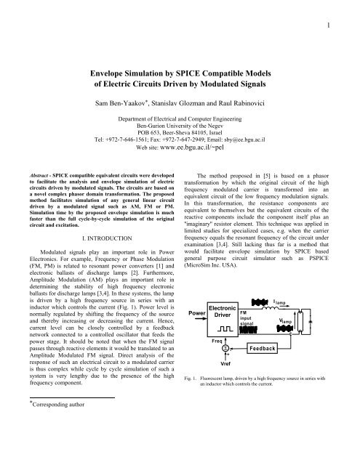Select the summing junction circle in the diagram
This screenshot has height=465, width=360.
(x=226, y=369)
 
